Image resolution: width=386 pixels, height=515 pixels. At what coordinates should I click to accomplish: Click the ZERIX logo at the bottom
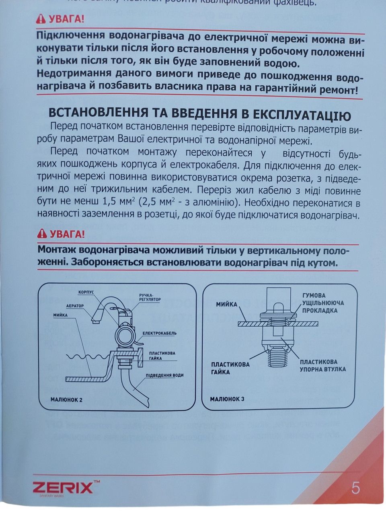tap(63, 488)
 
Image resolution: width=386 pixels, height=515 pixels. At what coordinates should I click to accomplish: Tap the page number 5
tap(355, 488)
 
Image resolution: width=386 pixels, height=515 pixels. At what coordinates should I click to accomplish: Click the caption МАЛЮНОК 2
tap(66, 400)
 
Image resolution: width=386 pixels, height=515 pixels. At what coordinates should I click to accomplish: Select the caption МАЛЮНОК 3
tap(227, 399)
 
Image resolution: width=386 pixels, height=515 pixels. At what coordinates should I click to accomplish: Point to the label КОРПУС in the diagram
tap(86, 292)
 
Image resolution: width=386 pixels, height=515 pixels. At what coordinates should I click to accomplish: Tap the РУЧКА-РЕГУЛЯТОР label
tap(150, 297)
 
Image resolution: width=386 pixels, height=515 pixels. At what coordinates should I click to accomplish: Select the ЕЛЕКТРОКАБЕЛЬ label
tap(160, 333)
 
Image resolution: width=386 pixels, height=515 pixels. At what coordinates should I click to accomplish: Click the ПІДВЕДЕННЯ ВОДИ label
tap(165, 375)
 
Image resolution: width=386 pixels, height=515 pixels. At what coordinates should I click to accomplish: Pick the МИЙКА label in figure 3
tap(227, 304)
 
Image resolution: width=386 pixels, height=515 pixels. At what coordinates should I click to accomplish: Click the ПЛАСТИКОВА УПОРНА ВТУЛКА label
tap(322, 365)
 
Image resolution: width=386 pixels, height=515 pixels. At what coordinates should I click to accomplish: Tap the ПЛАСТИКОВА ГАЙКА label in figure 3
tap(230, 368)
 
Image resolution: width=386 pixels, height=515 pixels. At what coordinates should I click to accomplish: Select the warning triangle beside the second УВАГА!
tap(41, 233)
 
